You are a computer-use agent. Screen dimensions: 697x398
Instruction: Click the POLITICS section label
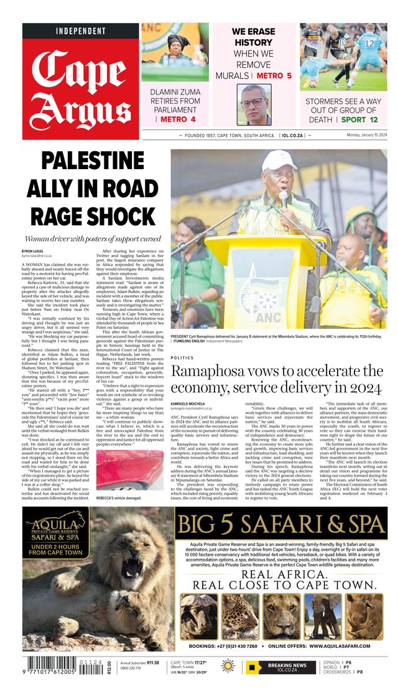pyautogui.click(x=182, y=358)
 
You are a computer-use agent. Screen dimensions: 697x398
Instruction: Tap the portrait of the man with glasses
pyautogui.click(x=254, y=104)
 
